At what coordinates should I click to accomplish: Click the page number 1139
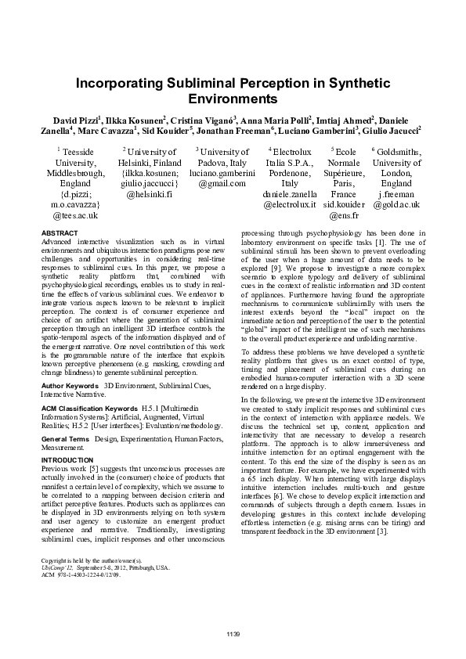pyautogui.click(x=233, y=632)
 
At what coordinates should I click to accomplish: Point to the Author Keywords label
pyautogui.click(x=69, y=387)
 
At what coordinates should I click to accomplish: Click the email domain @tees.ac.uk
pyautogui.click(x=75, y=214)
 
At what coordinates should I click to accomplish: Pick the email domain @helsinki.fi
pyautogui.click(x=149, y=193)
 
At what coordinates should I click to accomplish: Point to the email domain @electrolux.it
pyautogui.click(x=290, y=203)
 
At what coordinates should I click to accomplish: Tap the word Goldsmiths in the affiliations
pyautogui.click(x=399, y=152)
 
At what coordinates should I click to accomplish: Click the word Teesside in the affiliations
pyautogui.click(x=78, y=152)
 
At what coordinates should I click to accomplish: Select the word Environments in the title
pyautogui.click(x=233, y=99)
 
